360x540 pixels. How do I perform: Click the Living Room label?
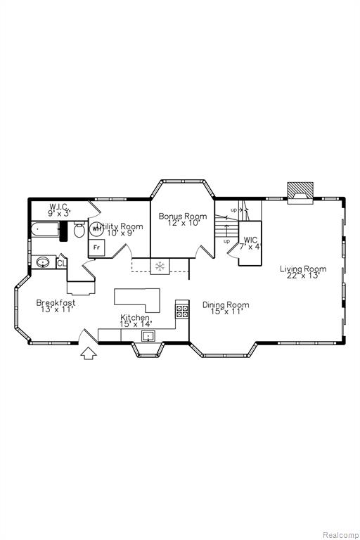tap(303, 271)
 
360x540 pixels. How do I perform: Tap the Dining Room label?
tap(226, 308)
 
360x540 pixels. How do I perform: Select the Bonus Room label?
tap(183, 219)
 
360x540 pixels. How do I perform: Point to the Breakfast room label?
tap(56, 306)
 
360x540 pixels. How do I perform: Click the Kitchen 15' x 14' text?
tap(135, 321)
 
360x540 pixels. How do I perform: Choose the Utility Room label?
tap(120, 229)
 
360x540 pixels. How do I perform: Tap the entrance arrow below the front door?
tap(89, 354)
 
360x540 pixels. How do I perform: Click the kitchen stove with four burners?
tap(182, 311)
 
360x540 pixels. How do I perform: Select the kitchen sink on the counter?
tap(148, 335)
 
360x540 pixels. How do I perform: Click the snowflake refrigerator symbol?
tap(160, 266)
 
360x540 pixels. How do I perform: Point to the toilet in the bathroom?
tap(79, 230)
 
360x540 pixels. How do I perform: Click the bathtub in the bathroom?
tap(45, 230)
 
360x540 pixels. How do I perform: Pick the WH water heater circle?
tap(96, 229)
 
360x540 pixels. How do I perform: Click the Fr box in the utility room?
tap(97, 247)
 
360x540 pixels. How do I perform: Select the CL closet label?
tap(61, 264)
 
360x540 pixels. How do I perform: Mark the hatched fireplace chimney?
tap(300, 191)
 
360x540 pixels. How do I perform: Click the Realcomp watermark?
tap(340, 535)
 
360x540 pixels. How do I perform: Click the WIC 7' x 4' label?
tap(250, 243)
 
